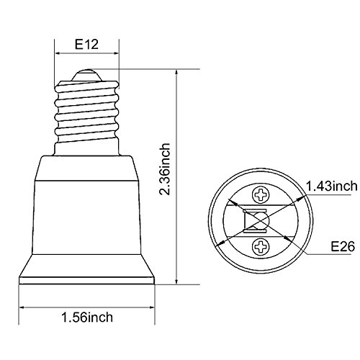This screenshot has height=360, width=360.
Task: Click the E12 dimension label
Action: pos(86,45)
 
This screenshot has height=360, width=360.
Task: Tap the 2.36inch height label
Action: pos(166,169)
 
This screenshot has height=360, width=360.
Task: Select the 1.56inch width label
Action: pos(87,318)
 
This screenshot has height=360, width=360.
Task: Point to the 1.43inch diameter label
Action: pos(332,186)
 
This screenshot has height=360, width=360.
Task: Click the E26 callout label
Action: pos(343,246)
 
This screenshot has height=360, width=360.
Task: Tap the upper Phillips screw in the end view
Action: pos(261,195)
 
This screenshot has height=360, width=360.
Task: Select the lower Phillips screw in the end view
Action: pos(261,247)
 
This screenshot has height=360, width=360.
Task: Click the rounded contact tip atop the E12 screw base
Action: pos(86,76)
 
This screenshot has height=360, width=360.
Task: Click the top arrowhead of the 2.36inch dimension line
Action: pos(176,73)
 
